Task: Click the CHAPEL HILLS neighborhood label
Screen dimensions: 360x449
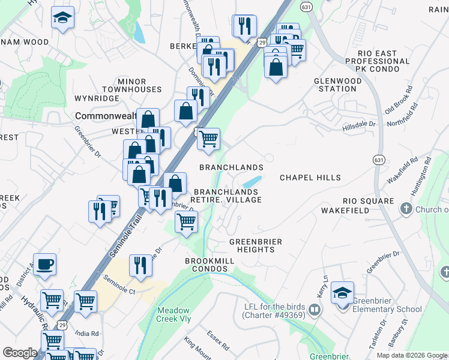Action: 310,178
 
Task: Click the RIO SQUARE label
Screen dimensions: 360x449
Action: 368,201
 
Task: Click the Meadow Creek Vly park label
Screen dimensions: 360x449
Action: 173,314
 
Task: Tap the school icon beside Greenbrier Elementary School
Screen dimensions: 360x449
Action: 342,293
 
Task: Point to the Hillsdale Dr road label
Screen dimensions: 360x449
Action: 359,124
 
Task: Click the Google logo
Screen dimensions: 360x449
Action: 20,352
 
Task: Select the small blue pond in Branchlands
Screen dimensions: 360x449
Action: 253,181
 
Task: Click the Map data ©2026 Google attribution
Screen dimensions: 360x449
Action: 412,355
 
